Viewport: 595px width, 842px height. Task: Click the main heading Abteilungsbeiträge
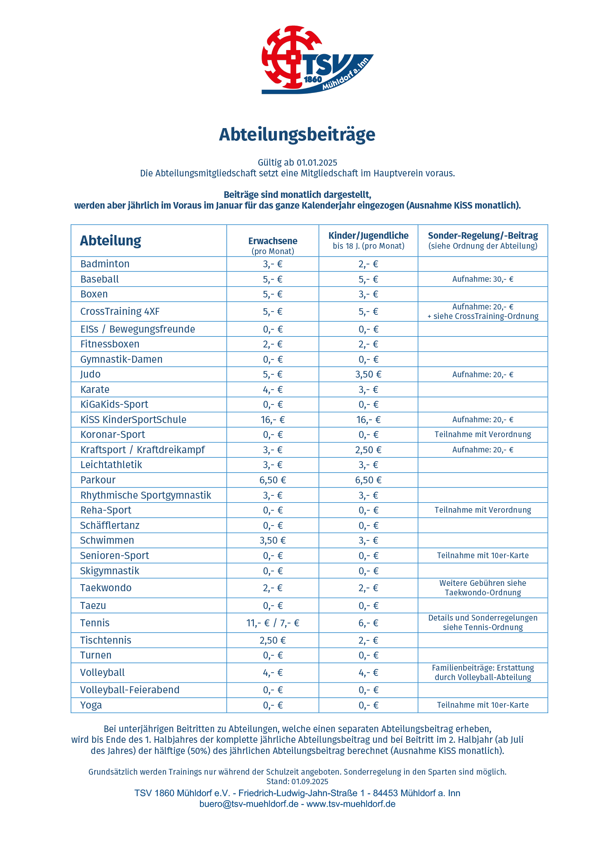pos(297,135)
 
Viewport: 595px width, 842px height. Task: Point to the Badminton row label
pos(105,264)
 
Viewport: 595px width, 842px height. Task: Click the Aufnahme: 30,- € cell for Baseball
pos(483,279)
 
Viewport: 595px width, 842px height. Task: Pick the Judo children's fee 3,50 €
pos(368,374)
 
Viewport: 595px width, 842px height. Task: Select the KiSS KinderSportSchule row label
pos(133,420)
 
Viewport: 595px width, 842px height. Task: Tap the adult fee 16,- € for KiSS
pos(273,420)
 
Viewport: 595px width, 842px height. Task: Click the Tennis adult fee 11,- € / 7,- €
pos(273,623)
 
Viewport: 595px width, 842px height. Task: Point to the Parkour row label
pos(98,480)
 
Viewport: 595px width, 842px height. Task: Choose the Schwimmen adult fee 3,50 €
pos(273,540)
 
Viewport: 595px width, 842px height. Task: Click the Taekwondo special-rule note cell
pos(483,588)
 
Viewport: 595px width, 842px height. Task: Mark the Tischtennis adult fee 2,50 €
pos(273,640)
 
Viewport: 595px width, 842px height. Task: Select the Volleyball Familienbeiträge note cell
pos(483,673)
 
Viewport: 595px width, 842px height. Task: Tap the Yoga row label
pos(91,705)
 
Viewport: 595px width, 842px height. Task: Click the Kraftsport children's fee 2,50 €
pos(368,450)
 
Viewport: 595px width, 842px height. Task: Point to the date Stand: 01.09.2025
pos(297,782)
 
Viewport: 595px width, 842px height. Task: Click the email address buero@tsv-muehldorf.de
pos(249,804)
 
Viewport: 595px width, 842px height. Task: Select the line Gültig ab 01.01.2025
pos(297,163)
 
